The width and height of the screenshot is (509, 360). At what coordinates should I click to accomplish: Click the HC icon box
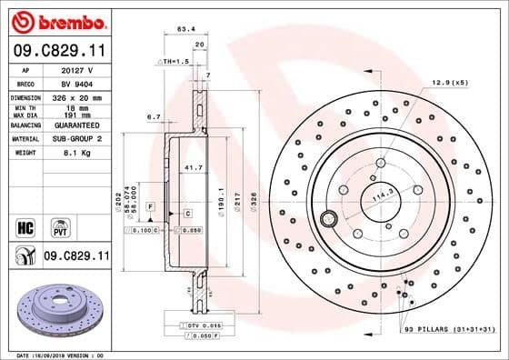(26, 225)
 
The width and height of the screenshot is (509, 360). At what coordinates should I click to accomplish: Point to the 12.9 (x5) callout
(450, 83)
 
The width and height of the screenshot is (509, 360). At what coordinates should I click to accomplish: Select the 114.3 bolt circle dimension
(383, 194)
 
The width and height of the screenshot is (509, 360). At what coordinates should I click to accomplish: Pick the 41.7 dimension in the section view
(194, 168)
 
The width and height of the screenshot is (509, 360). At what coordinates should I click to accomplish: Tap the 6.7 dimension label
(153, 116)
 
